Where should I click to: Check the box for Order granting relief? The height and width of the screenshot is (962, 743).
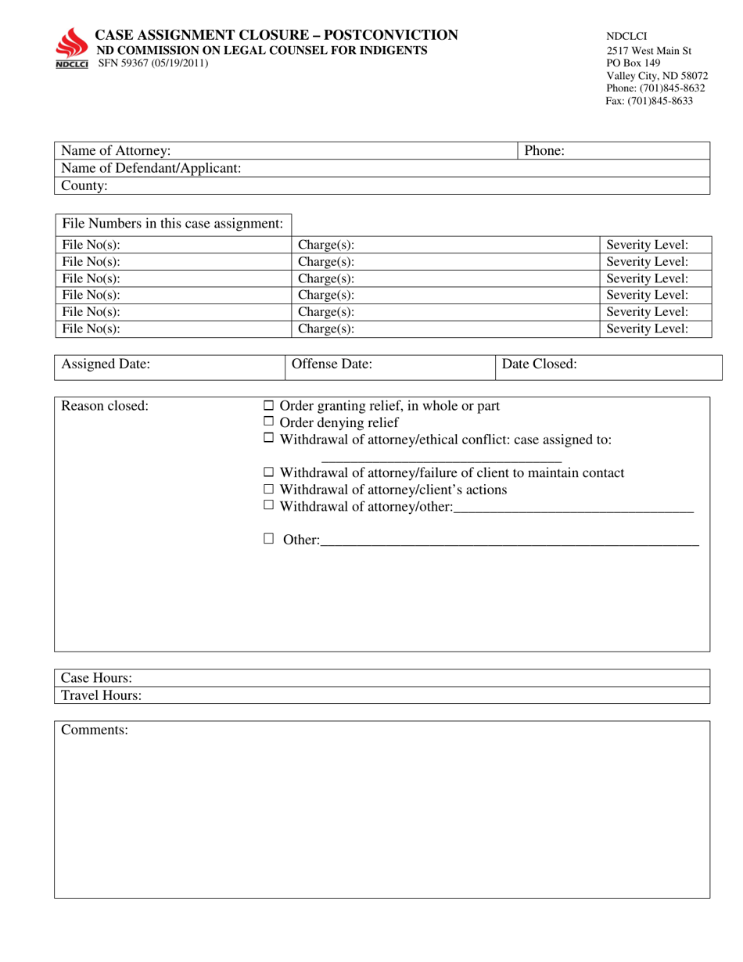click(x=268, y=406)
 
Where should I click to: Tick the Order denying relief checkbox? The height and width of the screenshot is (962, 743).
click(x=268, y=422)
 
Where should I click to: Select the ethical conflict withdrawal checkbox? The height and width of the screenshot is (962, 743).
click(x=268, y=440)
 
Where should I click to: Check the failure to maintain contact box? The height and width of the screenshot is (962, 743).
click(x=268, y=472)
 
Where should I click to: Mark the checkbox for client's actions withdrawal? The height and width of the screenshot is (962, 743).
click(x=268, y=489)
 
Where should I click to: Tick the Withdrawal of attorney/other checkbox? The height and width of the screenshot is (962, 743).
click(x=268, y=506)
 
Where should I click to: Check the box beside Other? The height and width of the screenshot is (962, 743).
click(x=268, y=539)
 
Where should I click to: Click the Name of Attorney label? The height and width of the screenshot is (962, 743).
click(x=116, y=151)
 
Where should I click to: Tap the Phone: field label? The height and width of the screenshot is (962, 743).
click(x=544, y=151)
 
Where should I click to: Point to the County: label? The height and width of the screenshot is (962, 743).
click(x=84, y=186)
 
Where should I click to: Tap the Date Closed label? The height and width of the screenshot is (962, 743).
click(x=540, y=364)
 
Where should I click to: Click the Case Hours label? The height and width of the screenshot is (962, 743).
click(x=96, y=678)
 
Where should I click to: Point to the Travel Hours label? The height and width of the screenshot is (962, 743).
click(x=102, y=695)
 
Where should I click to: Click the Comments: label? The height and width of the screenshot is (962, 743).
click(x=95, y=730)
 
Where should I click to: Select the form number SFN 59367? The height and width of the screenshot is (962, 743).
click(x=127, y=63)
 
